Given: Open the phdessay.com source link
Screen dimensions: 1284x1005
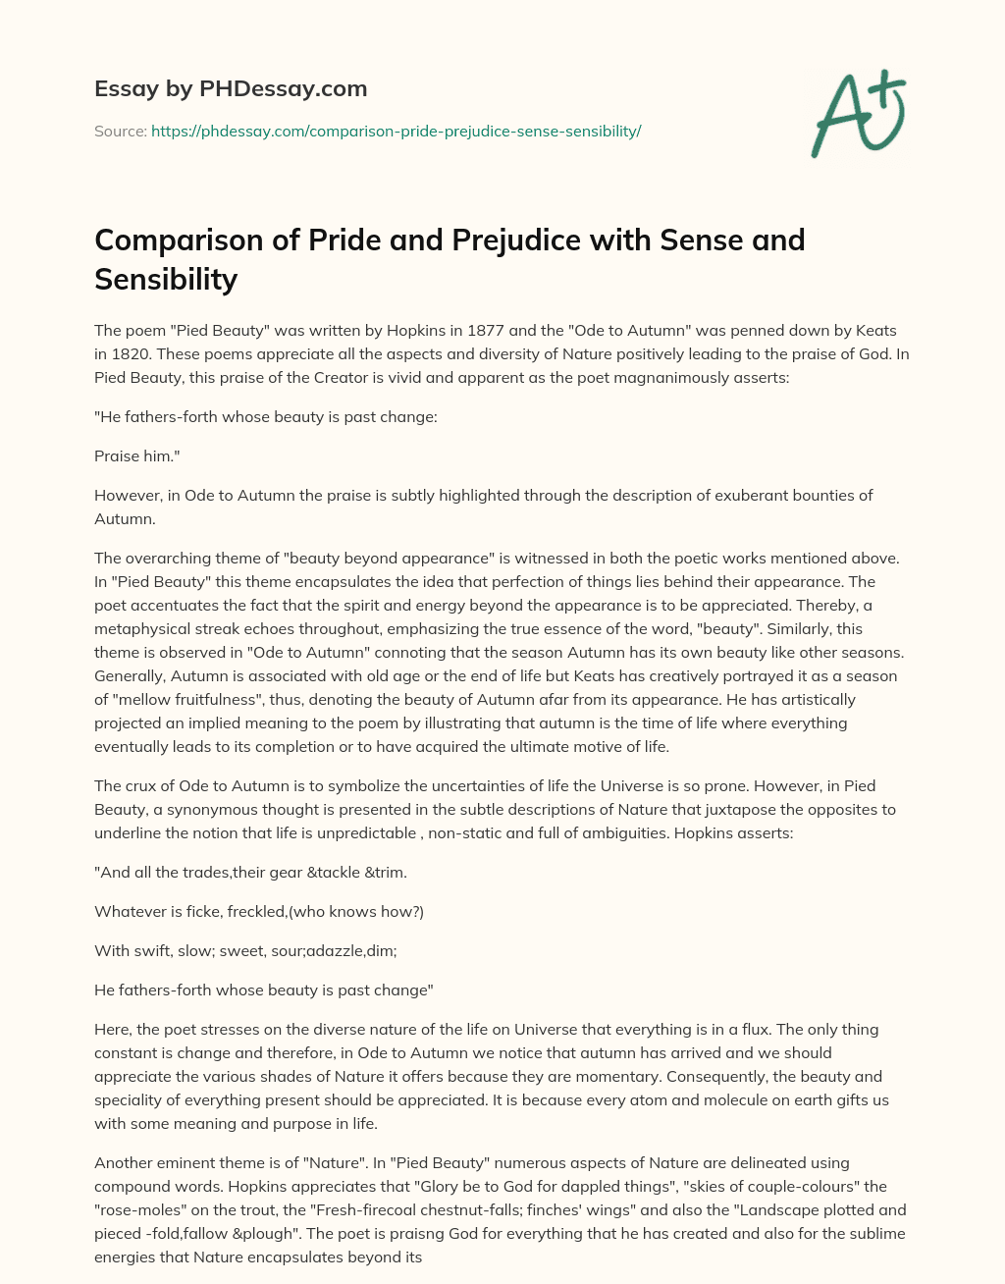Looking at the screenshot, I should pyautogui.click(x=396, y=131).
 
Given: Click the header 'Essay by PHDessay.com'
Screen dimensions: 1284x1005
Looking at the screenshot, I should pyautogui.click(x=231, y=89).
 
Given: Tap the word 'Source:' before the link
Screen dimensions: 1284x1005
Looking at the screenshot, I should pyautogui.click(x=121, y=131).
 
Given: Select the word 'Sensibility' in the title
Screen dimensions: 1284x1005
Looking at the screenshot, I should pyautogui.click(x=166, y=280).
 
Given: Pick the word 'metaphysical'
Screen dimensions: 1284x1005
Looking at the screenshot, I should pyautogui.click(x=138, y=628).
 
